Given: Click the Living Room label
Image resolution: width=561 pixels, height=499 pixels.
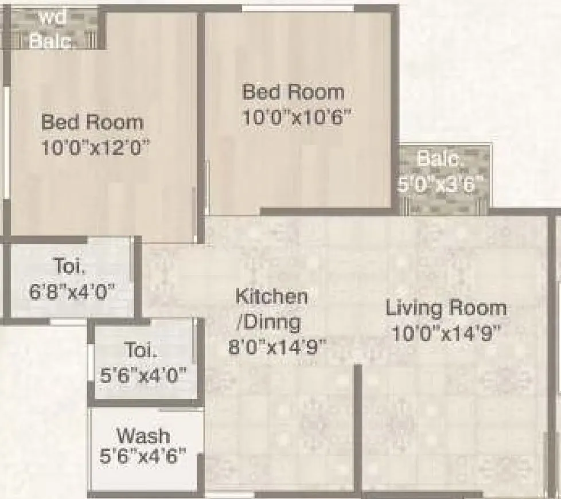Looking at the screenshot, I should [x=446, y=308].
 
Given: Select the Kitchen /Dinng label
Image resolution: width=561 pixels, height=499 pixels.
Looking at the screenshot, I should [x=272, y=310].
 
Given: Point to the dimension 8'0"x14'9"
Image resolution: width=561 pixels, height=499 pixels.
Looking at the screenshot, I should [x=277, y=347].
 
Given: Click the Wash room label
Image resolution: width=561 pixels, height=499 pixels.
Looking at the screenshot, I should [x=143, y=434].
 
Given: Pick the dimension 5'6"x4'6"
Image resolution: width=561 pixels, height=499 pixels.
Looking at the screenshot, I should [x=143, y=457].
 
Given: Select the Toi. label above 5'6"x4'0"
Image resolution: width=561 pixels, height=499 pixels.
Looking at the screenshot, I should [x=140, y=350].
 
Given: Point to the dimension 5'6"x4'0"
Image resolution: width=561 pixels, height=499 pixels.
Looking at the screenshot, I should [x=143, y=375].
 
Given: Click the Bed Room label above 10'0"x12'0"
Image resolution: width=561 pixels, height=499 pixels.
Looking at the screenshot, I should [x=92, y=122].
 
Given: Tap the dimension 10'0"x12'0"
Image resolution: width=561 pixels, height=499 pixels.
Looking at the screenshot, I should [x=95, y=147].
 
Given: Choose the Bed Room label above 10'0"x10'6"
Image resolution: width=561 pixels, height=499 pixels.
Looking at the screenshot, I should [x=293, y=92].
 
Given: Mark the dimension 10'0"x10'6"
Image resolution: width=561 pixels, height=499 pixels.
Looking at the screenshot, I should [x=296, y=117].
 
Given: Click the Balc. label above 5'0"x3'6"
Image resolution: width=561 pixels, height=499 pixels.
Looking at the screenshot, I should [x=440, y=159].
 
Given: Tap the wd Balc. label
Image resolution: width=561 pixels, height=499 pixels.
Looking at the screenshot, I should [x=52, y=29].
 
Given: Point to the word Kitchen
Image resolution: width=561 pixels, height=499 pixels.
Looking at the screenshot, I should [x=272, y=297].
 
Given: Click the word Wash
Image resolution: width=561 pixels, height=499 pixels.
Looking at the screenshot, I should [x=143, y=434].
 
